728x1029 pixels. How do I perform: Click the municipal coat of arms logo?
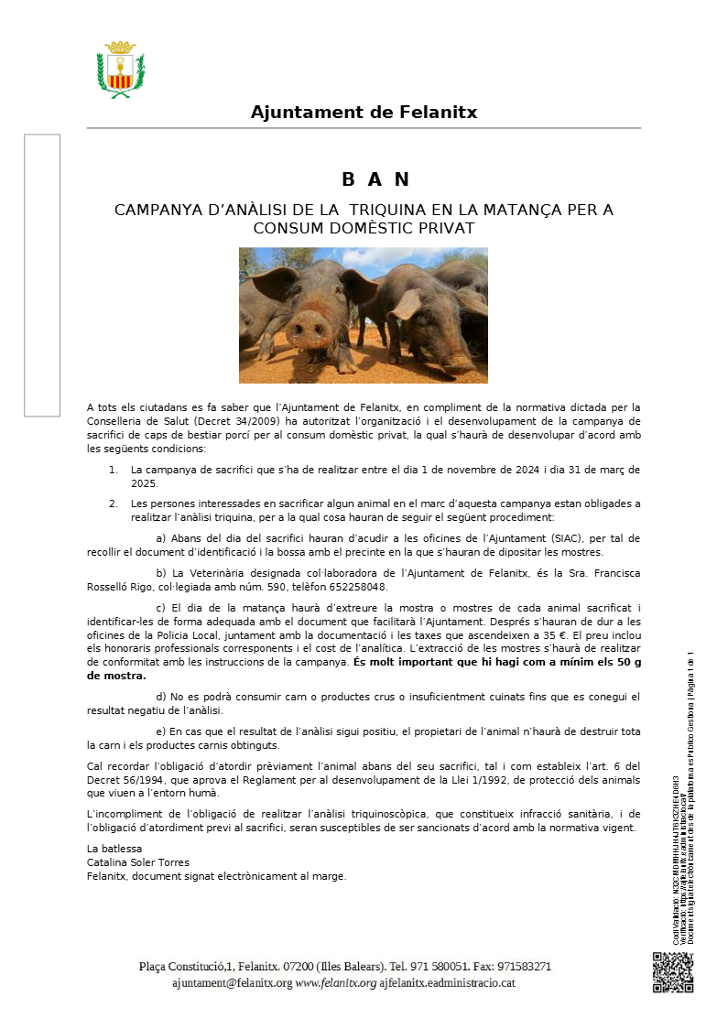(121, 70)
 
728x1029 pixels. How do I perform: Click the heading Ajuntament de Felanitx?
(364, 113)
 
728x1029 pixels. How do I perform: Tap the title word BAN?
(375, 179)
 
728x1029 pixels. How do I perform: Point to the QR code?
(673, 971)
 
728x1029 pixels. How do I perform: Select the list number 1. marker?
(114, 470)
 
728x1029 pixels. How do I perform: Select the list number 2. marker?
(114, 504)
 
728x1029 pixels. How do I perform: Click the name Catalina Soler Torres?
(137, 862)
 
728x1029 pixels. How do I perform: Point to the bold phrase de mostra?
(116, 676)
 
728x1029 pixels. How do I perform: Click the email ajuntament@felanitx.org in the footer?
(232, 982)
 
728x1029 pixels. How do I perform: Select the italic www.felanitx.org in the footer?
(336, 982)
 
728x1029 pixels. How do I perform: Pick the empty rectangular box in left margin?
(42, 275)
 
